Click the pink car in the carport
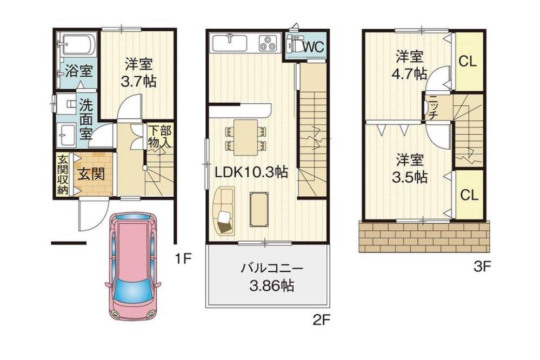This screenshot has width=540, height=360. (133, 268)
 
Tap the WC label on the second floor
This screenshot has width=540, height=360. (312, 47)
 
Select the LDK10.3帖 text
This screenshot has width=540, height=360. (251, 172)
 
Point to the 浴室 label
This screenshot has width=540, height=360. (78, 70)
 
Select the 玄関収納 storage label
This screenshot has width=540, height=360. (62, 174)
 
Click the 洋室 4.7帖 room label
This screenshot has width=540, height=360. (409, 64)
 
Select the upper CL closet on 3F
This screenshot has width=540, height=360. (468, 62)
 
